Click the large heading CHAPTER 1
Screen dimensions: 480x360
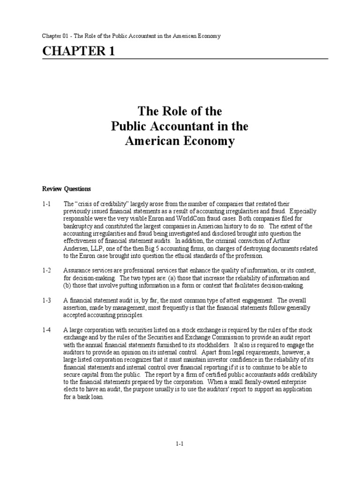pyautogui.click(x=78, y=52)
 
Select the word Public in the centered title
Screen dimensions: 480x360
pyautogui.click(x=128, y=127)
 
